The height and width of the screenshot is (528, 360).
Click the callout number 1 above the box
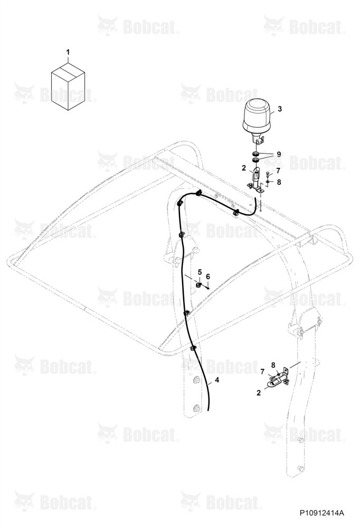tap(68, 52)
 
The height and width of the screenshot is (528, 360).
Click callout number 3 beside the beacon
tap(280, 109)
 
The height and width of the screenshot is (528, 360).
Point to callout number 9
tap(279, 154)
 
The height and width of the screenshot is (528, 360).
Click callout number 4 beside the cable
tap(217, 380)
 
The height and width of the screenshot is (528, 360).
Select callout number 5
tap(200, 272)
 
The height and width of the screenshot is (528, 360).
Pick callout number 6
tap(208, 277)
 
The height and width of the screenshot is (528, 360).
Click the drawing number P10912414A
tap(322, 513)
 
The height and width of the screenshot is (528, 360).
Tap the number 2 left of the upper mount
tap(243, 168)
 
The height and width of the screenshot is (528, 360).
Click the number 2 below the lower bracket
tap(258, 393)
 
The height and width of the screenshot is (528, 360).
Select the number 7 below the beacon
tap(278, 171)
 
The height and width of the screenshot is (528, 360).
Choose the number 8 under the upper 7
tap(279, 182)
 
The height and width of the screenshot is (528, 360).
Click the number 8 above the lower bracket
tap(273, 365)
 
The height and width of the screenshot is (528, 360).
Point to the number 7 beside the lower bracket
tap(262, 371)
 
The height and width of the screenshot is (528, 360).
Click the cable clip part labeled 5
tap(198, 286)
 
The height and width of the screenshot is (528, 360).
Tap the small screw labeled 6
tap(208, 287)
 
